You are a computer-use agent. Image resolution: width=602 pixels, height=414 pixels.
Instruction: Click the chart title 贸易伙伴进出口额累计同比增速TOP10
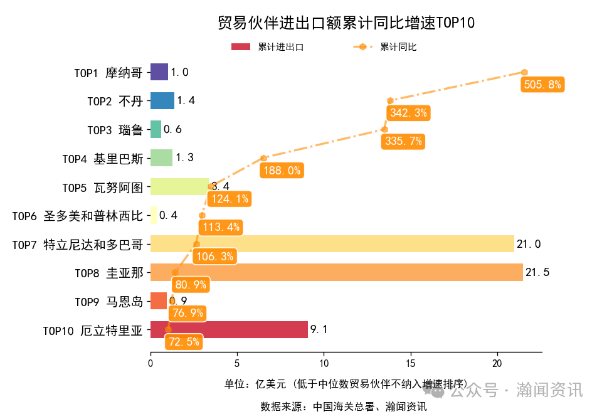point(346,23)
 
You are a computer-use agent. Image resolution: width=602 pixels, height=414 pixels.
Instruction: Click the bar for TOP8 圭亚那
point(336,272)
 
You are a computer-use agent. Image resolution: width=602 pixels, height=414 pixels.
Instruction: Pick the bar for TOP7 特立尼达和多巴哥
point(332,244)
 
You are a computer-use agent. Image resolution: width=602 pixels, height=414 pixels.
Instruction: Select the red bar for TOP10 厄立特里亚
point(229,329)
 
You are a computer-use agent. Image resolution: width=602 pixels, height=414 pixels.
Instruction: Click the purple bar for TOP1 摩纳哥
point(159,72)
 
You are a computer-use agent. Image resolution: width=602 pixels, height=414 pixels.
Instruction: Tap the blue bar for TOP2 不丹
point(162,100)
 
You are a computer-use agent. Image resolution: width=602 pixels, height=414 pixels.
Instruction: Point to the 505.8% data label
point(542,85)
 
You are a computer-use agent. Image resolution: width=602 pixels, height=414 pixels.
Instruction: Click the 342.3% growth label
point(408,113)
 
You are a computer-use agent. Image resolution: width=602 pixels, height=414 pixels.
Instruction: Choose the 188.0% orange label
point(282,170)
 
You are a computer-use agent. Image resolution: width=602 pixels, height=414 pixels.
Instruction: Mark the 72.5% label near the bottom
point(184,342)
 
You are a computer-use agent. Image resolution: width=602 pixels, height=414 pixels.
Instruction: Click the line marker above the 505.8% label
point(524,72)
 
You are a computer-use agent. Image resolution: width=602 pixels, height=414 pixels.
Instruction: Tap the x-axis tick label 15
point(410,363)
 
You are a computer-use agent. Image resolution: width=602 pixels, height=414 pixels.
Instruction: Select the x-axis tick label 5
point(237,363)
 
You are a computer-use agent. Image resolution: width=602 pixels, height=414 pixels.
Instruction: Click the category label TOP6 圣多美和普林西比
point(78,216)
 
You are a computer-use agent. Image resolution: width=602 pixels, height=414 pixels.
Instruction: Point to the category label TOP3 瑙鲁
point(115,130)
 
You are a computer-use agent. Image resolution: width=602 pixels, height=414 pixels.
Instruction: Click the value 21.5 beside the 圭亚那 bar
point(537,272)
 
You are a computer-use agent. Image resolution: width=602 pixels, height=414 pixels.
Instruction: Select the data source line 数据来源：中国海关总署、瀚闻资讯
point(344,406)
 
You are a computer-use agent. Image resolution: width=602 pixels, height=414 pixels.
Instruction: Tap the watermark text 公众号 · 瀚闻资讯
point(516,390)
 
